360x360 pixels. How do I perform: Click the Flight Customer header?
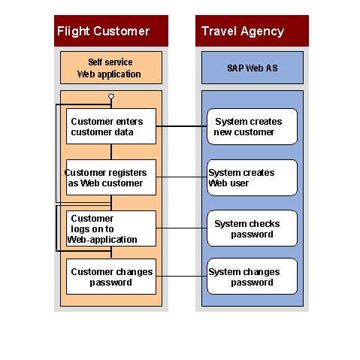(111, 31)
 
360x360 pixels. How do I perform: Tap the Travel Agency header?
(252, 31)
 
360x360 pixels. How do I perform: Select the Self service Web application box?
(111, 68)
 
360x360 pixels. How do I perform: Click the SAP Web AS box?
(253, 68)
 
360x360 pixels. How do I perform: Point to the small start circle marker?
(111, 96)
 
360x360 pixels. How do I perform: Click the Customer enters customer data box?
(111, 126)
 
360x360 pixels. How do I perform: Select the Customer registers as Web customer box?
(111, 177)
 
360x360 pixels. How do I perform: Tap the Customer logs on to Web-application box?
(111, 228)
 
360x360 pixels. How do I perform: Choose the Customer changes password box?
(111, 277)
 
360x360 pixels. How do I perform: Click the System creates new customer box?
(253, 126)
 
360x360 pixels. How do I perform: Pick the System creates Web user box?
(253, 177)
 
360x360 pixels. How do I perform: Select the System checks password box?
(253, 228)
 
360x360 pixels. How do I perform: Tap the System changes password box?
(253, 277)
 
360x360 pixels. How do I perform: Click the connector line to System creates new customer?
(182, 126)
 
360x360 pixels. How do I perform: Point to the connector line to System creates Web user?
(182, 177)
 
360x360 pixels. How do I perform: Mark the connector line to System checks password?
(182, 228)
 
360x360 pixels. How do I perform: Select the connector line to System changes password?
(182, 277)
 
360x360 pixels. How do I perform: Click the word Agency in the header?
(262, 32)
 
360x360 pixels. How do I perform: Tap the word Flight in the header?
(74, 32)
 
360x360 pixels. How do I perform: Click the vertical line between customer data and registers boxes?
(111, 152)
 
